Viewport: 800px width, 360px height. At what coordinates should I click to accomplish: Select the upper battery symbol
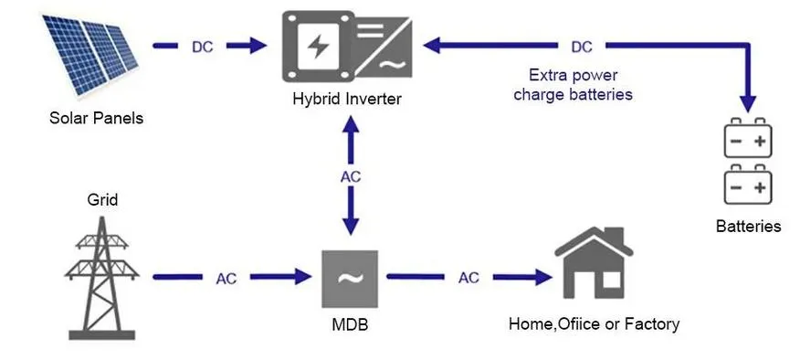click(x=749, y=141)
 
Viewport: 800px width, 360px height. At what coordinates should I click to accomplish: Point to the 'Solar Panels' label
click(x=96, y=118)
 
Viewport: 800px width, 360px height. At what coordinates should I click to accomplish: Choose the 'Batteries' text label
click(x=749, y=226)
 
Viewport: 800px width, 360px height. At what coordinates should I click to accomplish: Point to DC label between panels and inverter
click(x=203, y=46)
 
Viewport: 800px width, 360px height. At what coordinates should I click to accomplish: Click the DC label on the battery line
click(x=581, y=46)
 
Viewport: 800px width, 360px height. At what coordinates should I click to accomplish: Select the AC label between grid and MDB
click(x=227, y=277)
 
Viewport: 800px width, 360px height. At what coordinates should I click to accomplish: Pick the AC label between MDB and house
click(x=468, y=277)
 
